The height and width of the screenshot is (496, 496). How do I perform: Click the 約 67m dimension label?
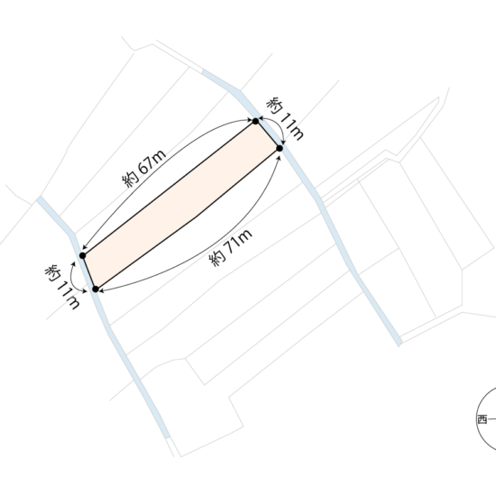(144, 168)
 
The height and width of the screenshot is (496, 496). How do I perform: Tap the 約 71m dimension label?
(231, 247)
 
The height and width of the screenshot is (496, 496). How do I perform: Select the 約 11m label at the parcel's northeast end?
(285, 118)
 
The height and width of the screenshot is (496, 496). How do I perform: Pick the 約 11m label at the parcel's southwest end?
(62, 287)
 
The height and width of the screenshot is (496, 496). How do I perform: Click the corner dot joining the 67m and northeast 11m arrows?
(255, 121)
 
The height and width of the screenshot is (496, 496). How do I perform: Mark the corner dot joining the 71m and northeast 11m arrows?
(280, 148)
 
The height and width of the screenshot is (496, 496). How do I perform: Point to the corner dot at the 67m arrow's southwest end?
(83, 255)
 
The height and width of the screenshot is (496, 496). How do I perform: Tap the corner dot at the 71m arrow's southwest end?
(96, 289)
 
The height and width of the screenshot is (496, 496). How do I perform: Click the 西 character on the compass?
(482, 419)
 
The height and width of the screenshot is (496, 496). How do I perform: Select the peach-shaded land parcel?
(181, 205)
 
